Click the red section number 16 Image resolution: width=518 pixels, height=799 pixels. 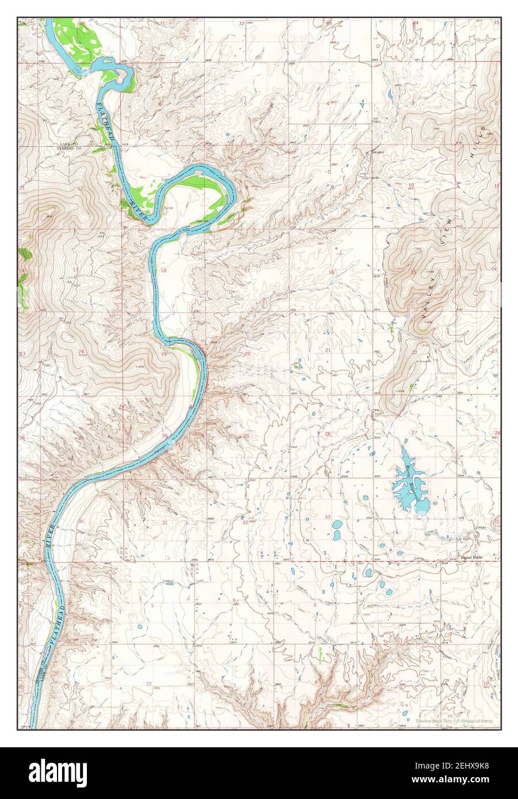[x=332, y=272]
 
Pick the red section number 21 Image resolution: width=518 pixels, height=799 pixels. [x=327, y=350]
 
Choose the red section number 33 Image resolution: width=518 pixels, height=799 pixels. [x=327, y=517]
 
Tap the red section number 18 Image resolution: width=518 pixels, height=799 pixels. [x=163, y=270]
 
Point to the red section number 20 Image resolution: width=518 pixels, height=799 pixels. [x=247, y=354]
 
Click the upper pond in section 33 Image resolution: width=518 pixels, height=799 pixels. [x=337, y=525]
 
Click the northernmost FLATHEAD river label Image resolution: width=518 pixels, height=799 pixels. [x=108, y=122]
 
